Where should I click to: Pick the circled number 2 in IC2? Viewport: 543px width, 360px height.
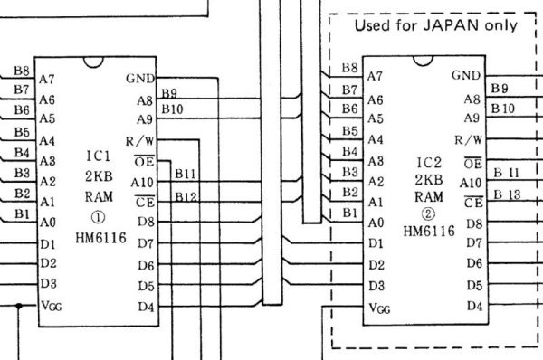click(429, 214)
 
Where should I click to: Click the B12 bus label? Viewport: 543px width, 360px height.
click(186, 196)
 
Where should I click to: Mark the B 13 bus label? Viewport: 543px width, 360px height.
click(510, 196)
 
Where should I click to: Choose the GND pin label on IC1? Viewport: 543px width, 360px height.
click(140, 78)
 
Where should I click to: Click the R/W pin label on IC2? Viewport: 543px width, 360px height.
click(468, 140)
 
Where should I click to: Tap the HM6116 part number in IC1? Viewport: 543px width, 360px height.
click(101, 237)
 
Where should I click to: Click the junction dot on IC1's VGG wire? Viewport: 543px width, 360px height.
click(20, 307)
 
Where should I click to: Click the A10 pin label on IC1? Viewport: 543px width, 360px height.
click(141, 182)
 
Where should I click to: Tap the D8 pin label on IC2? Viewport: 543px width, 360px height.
click(473, 223)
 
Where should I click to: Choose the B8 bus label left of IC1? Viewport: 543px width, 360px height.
click(21, 70)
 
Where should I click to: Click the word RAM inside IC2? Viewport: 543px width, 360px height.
click(429, 196)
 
